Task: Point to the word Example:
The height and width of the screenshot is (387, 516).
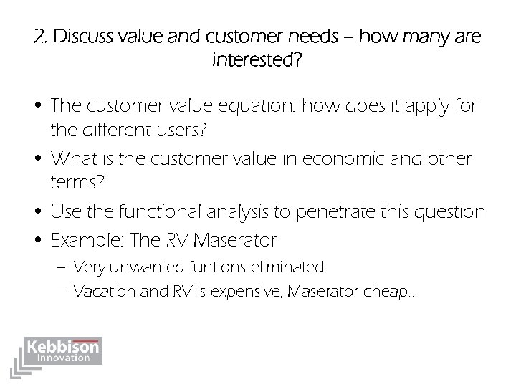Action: (85, 239)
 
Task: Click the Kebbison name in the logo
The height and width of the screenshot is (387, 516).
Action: (63, 347)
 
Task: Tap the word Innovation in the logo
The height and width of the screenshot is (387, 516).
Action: (64, 357)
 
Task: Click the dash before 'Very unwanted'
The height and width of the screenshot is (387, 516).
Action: (62, 268)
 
